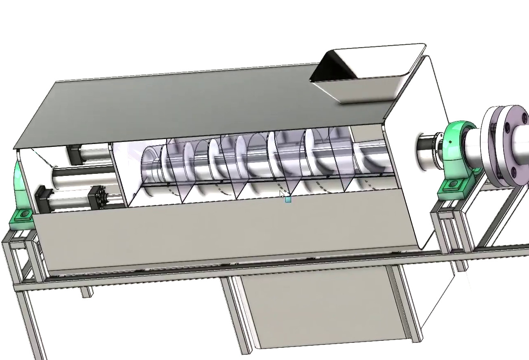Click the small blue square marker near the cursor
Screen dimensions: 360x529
coord(288,200)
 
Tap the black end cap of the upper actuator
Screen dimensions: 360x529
coord(74,154)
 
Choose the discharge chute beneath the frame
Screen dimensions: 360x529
coord(323,311)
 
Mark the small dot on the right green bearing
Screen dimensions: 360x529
coord(450,142)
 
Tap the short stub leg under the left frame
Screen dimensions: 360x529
coord(86,292)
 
